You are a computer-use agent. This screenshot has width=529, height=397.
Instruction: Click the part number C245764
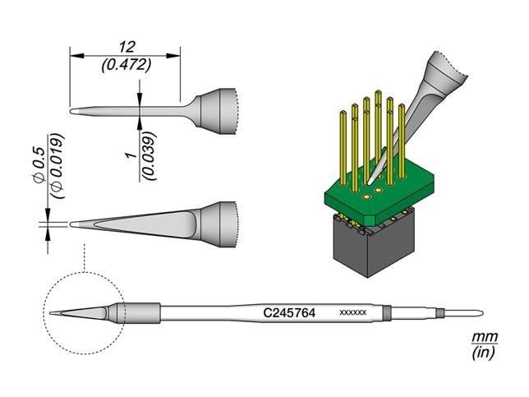[x=290, y=313]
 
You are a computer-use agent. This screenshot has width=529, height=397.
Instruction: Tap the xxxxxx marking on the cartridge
[x=352, y=314]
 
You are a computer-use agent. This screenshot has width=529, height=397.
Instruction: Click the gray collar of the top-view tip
[x=219, y=221]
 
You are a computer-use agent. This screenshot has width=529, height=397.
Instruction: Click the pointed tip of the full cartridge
[x=53, y=313]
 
